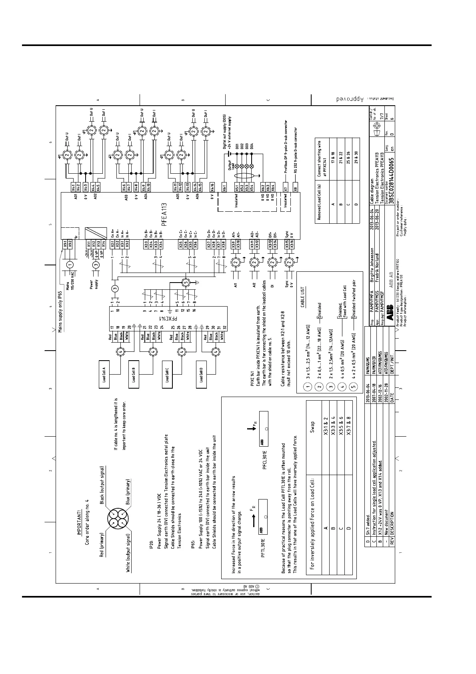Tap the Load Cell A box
[104, 375]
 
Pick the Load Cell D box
[201, 375]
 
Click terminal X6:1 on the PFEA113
[225, 188]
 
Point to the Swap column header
[312, 426]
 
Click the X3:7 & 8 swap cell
[348, 426]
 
